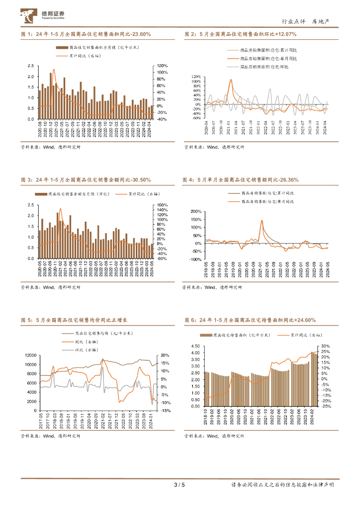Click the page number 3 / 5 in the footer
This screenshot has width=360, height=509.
(x=180, y=485)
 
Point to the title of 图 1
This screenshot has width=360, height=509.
(x=86, y=34)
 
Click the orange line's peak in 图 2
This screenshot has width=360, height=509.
(x=231, y=80)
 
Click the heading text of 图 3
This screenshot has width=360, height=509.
(x=86, y=179)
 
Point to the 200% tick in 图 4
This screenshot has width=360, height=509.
(x=194, y=211)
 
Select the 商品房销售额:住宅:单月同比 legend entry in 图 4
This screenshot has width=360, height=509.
(x=267, y=201)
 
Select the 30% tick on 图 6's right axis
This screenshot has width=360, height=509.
(x=326, y=346)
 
